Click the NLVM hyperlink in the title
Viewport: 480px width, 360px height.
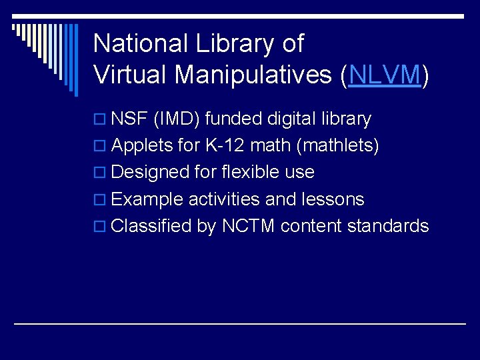tap(385, 75)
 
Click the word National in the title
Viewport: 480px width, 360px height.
tap(132, 43)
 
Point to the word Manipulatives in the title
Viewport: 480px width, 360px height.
tap(253, 75)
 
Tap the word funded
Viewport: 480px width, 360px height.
tap(233, 119)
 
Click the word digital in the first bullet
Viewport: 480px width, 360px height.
tap(291, 119)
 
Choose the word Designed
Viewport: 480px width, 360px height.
tap(151, 172)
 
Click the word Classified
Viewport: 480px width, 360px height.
tap(151, 226)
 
